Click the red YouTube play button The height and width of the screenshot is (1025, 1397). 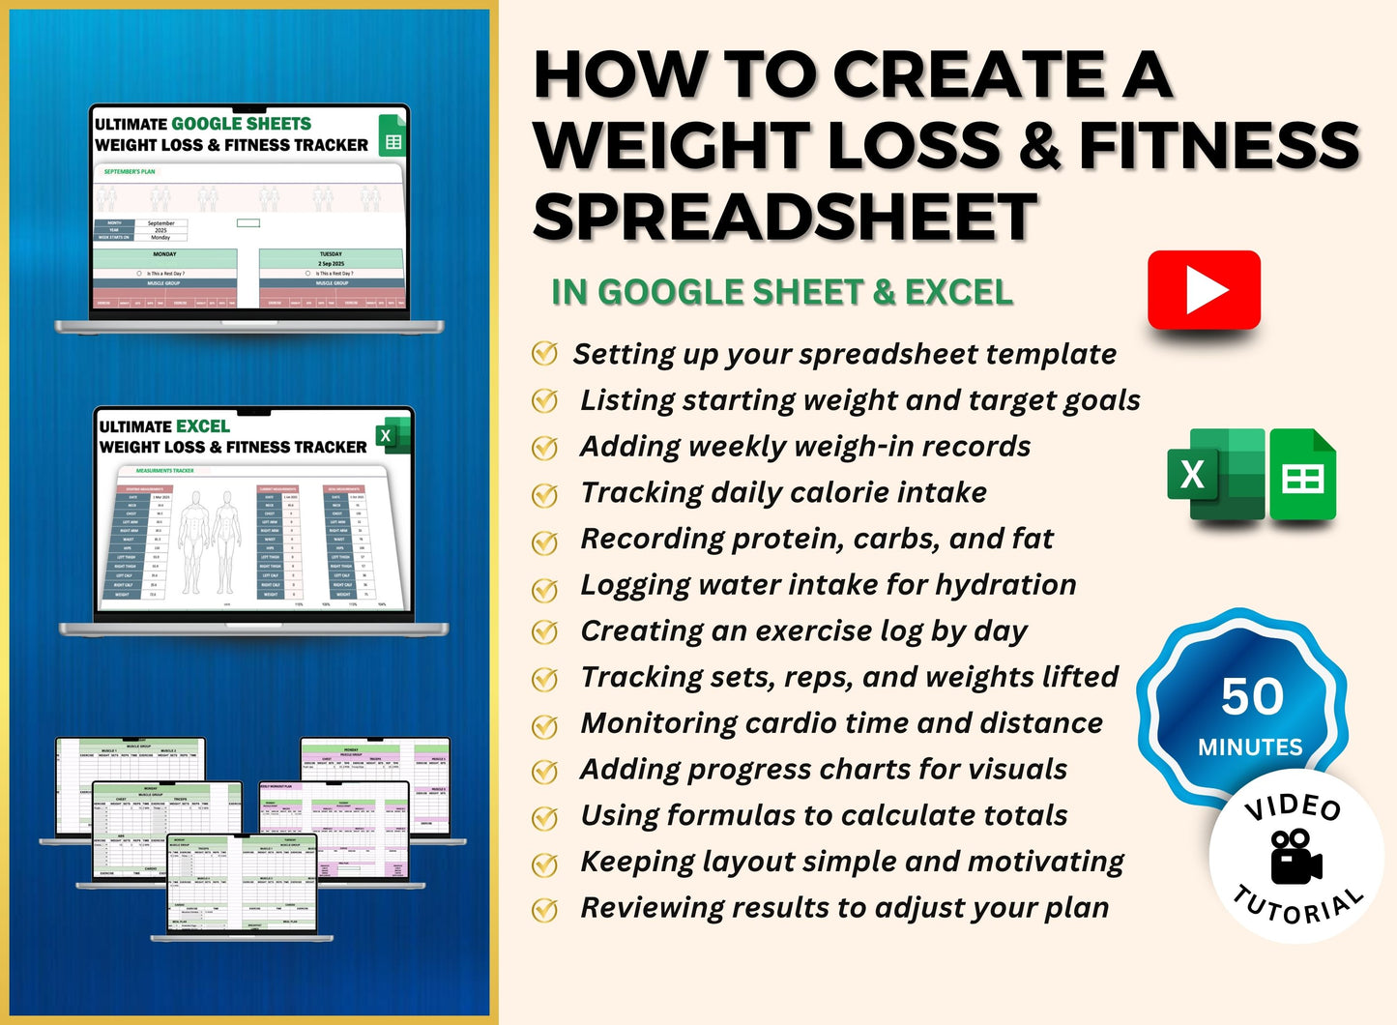(1204, 290)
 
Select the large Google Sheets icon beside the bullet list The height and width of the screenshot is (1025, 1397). (1302, 476)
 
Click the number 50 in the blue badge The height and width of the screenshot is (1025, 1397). (1252, 696)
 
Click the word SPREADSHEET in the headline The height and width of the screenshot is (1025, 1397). (785, 217)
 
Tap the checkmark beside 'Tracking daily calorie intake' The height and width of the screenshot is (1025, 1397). (545, 494)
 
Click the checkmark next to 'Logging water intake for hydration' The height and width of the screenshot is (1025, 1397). (545, 587)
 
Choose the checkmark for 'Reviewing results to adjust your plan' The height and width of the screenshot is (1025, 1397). (545, 909)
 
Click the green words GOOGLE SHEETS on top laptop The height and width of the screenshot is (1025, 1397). (241, 124)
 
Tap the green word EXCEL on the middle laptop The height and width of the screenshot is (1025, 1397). (202, 426)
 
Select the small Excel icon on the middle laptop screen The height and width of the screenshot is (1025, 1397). (389, 436)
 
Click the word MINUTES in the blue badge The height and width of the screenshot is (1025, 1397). (1250, 747)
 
